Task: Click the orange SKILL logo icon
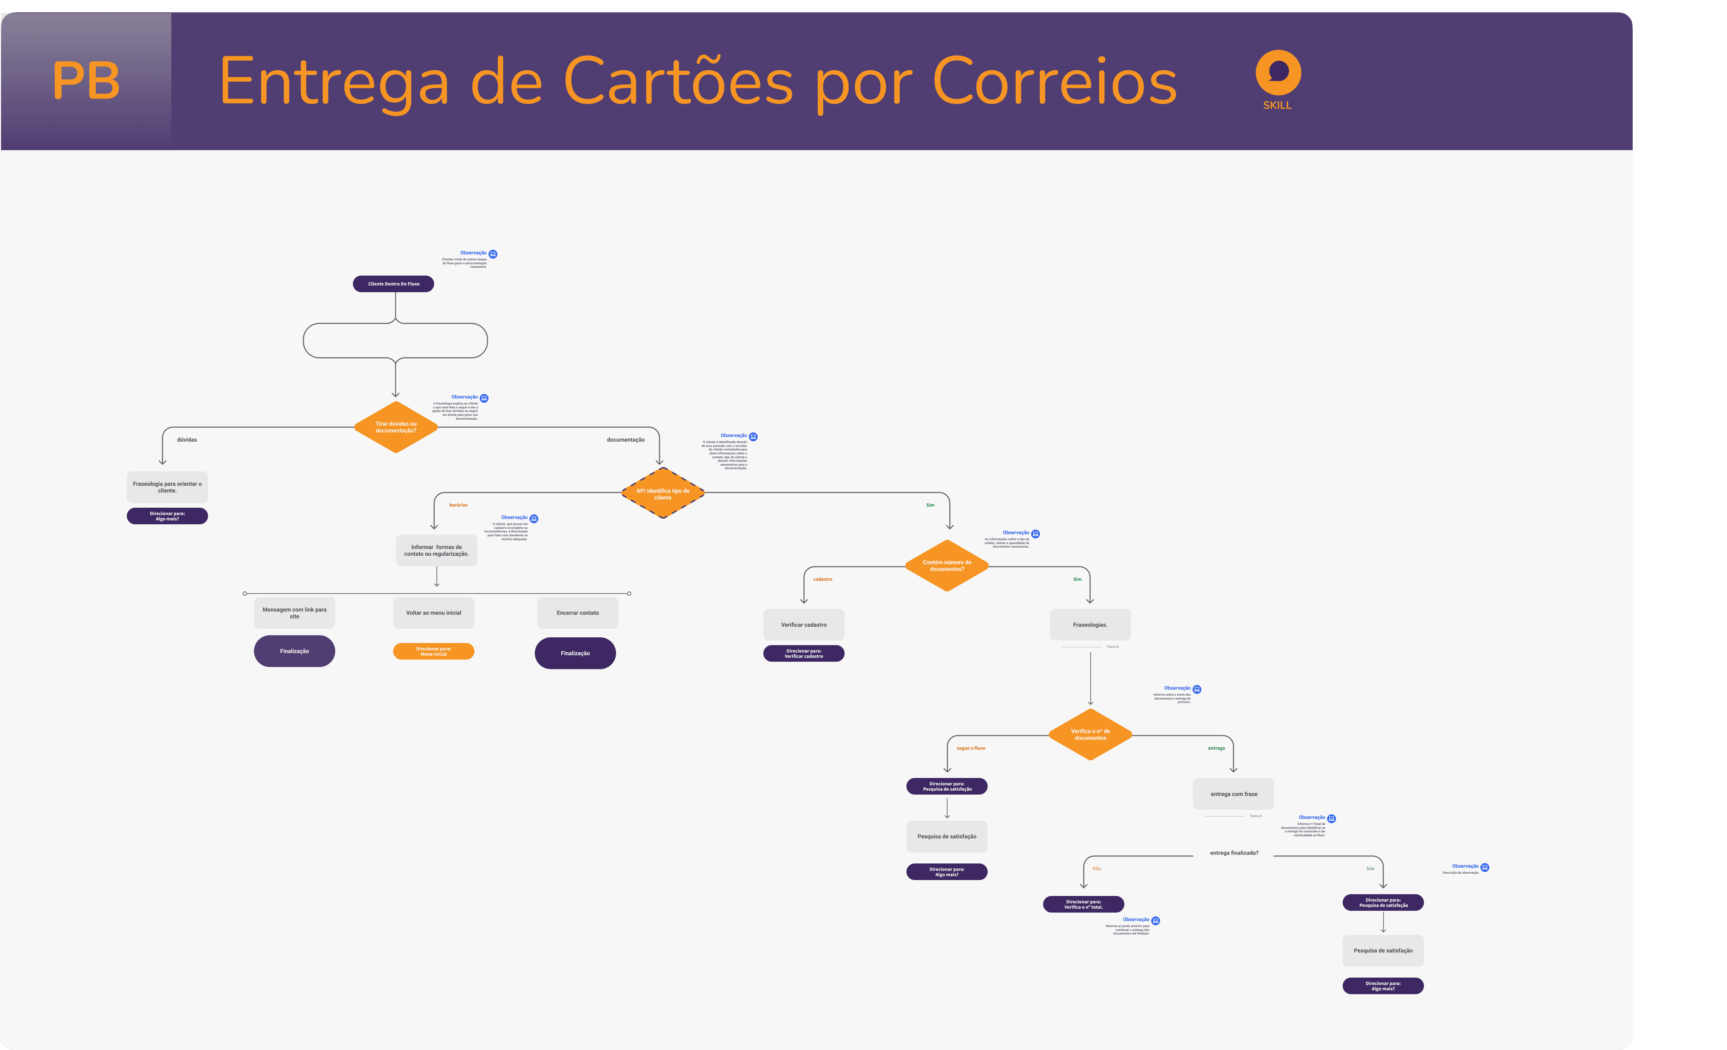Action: click(1278, 73)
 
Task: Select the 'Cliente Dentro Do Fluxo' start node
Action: click(393, 284)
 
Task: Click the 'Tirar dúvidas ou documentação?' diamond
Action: click(396, 427)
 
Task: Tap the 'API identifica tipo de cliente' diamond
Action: click(662, 494)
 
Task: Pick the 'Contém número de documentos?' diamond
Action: click(947, 565)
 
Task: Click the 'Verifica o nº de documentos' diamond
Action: click(1090, 734)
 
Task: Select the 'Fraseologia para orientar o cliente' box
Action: click(167, 486)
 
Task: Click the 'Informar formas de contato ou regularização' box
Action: click(436, 550)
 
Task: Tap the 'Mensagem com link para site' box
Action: click(294, 613)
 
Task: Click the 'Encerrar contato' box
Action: click(578, 613)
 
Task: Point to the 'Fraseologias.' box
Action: click(1090, 625)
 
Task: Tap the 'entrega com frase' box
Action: click(1234, 794)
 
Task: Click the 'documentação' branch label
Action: click(625, 440)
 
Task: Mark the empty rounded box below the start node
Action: click(395, 341)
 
